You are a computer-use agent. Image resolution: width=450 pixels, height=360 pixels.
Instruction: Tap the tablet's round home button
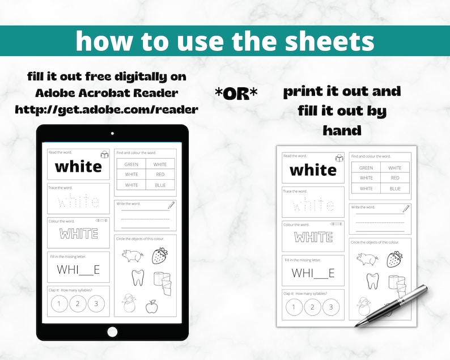[x=112, y=332]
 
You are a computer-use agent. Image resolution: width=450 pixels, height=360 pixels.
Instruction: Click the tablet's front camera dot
[x=112, y=134]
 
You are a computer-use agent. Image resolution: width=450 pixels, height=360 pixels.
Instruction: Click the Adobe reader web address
[x=107, y=109]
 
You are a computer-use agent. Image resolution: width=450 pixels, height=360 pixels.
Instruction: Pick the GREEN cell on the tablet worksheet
[x=131, y=164]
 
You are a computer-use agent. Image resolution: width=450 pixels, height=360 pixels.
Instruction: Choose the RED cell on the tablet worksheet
[x=160, y=175]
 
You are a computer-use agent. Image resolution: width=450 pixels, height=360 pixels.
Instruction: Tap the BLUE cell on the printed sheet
[x=395, y=188]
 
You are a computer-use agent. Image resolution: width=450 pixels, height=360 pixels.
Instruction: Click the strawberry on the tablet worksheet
[x=159, y=256]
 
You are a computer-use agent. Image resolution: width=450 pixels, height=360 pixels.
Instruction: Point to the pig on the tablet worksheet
[x=132, y=256]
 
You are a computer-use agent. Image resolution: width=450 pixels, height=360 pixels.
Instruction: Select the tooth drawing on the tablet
[x=137, y=278]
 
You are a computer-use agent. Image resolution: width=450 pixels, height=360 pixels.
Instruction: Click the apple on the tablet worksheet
[x=151, y=307]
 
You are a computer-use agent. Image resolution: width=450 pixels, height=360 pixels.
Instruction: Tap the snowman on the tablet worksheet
[x=129, y=304]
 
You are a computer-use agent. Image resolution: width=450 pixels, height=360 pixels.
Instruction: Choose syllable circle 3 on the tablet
[x=96, y=304]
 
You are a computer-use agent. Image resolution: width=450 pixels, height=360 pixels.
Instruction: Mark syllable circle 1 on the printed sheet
[x=294, y=307]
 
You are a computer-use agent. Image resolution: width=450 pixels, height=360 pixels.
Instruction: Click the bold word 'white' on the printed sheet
[x=313, y=170]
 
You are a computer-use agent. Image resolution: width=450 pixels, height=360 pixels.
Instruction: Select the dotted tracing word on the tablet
[x=79, y=201]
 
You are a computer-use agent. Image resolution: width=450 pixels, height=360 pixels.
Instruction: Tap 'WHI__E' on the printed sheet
[x=313, y=273]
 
